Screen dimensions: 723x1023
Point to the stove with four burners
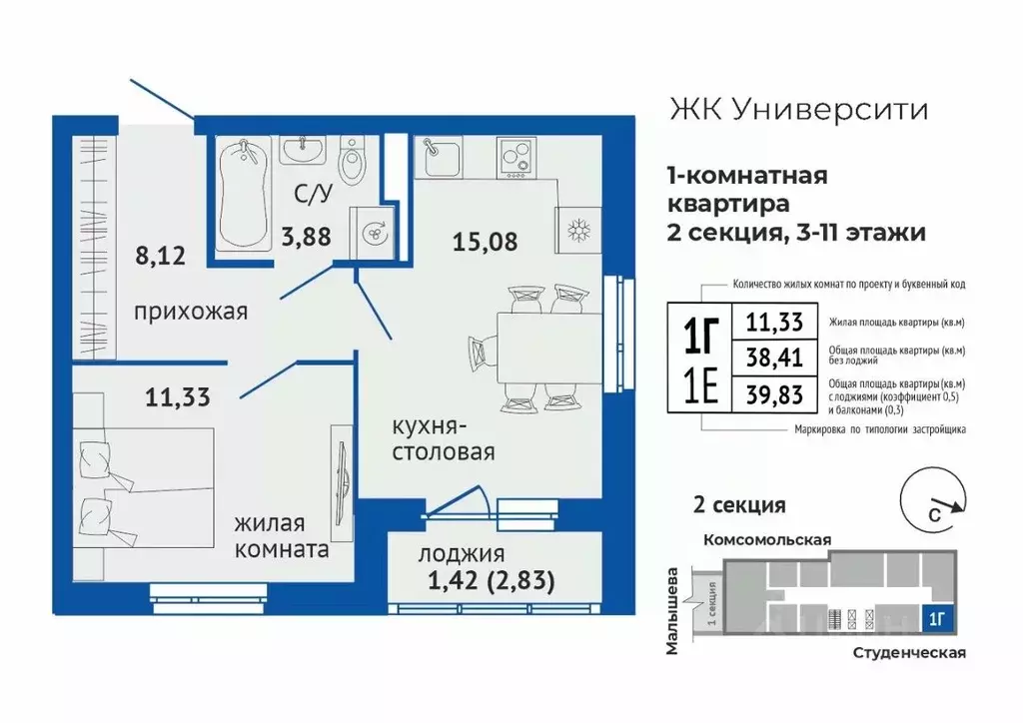pos(517,156)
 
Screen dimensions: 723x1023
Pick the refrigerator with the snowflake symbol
pos(577,229)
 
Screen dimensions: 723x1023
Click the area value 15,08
pos(484,241)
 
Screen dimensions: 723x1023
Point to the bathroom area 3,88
pos(306,238)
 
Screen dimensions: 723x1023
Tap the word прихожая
pos(190,312)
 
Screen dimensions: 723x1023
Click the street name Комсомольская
pos(767,539)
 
